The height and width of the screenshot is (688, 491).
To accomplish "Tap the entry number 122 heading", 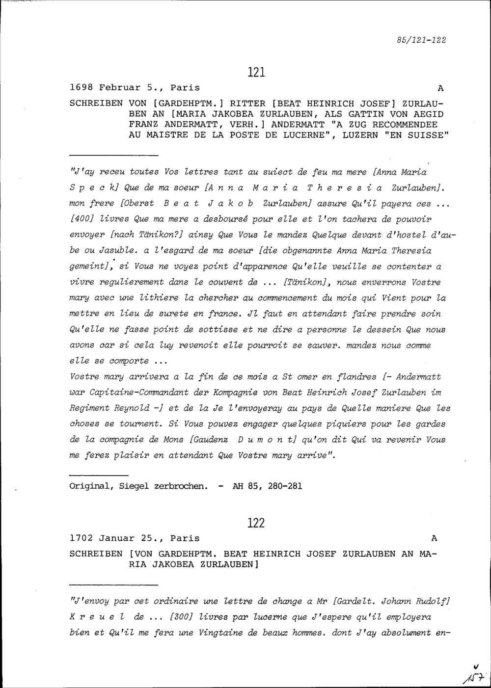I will click(256, 523).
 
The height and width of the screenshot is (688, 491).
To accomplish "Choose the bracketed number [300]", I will click(181, 617).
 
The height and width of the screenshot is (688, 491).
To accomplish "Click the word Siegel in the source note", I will click(135, 486).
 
